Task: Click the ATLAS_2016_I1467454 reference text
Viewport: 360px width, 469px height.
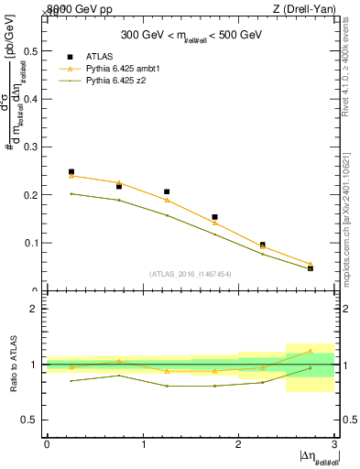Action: pos(190,273)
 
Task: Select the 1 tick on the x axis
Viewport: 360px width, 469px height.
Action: pos(143,444)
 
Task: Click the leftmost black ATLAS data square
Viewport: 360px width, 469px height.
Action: pos(71,171)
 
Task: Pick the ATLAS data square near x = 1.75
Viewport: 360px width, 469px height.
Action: pos(214,217)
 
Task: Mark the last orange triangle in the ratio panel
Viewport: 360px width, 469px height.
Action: pos(310,351)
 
